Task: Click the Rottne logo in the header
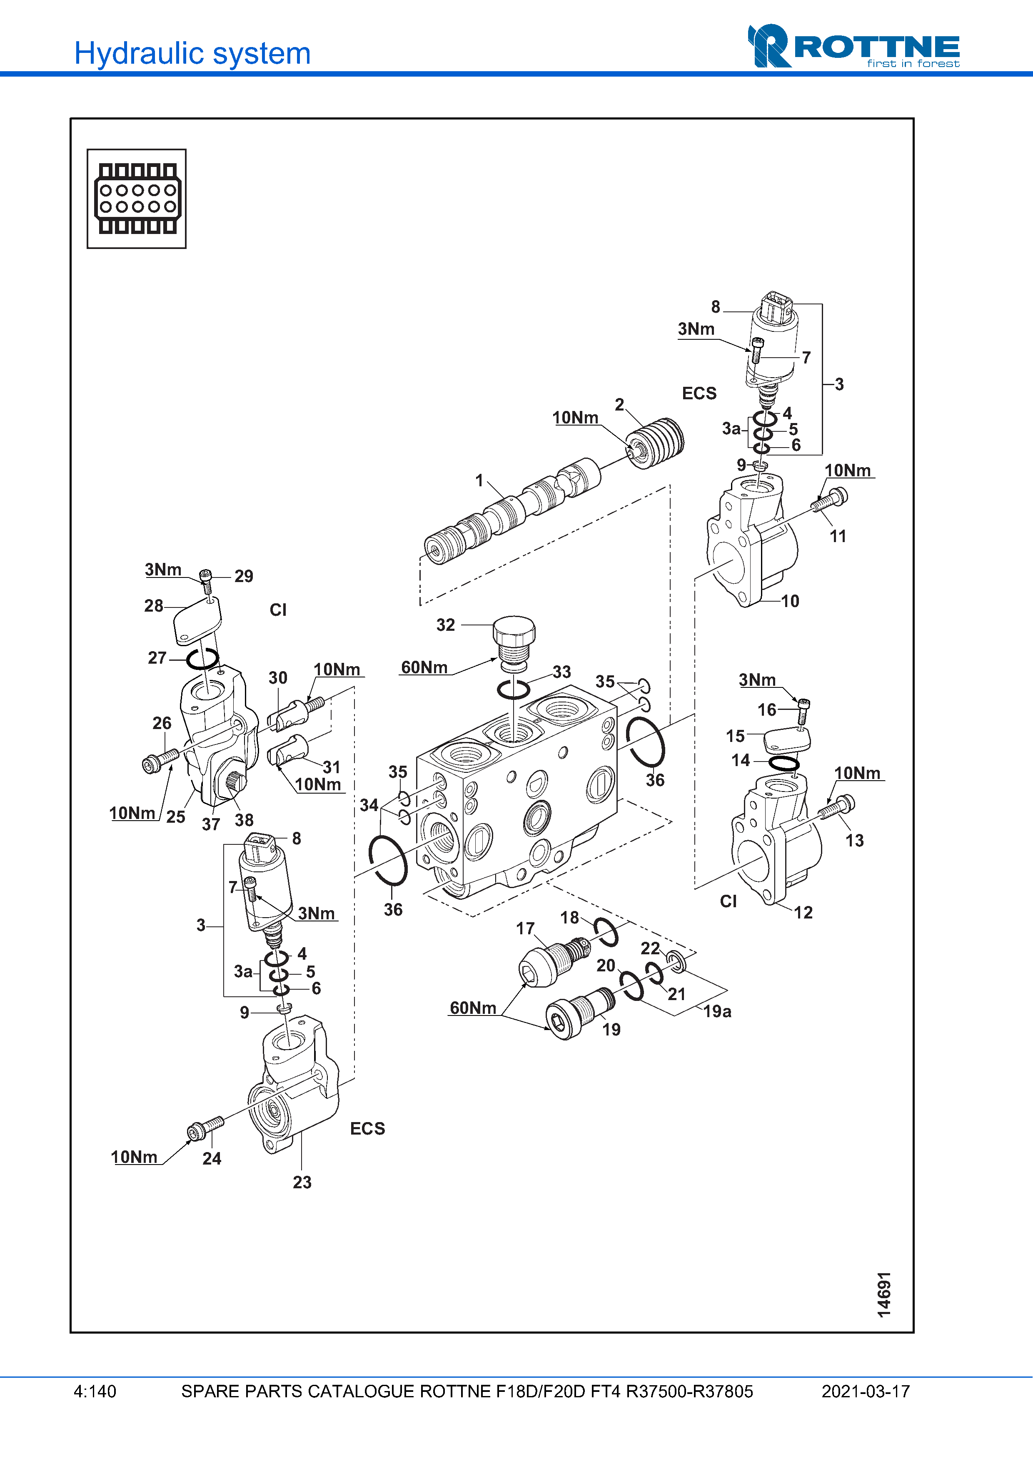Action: (x=853, y=46)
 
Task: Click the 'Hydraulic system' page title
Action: (x=192, y=53)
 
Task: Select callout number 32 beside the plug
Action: (x=446, y=625)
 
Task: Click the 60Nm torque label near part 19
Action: (x=473, y=1008)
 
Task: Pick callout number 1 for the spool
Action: (x=479, y=480)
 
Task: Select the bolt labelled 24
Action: (x=205, y=1128)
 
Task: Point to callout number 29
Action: (x=244, y=576)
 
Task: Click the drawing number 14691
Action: (x=884, y=1294)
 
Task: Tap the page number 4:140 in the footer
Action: (x=95, y=1391)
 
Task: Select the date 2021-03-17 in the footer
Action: (x=866, y=1391)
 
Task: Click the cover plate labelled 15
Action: (x=787, y=739)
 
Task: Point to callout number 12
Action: (x=803, y=913)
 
